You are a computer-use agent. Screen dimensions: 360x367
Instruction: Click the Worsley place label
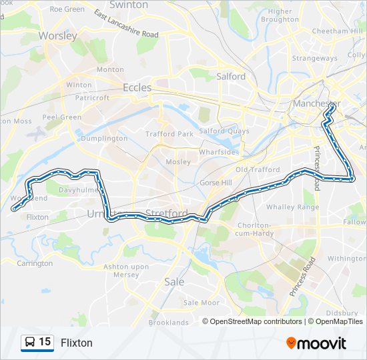click(58, 36)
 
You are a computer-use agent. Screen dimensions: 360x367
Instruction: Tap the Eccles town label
click(137, 87)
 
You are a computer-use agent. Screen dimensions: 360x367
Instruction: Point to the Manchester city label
click(316, 104)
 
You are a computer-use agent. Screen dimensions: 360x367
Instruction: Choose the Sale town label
click(174, 282)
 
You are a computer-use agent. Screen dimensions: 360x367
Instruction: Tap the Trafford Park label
click(169, 134)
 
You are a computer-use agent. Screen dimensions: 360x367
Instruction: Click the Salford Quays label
click(224, 131)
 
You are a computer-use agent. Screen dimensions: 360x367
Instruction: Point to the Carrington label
click(35, 263)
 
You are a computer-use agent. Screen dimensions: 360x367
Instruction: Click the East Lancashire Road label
click(126, 24)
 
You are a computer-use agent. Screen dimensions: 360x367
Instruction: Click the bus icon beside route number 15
click(30, 343)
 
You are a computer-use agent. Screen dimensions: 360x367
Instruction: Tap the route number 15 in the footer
click(45, 342)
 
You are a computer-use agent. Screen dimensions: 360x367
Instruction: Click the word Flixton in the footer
click(77, 343)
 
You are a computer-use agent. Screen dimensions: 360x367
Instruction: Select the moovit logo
click(316, 343)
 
